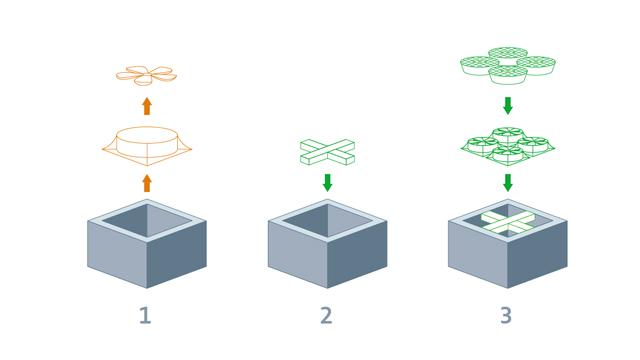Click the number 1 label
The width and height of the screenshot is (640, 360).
tap(145, 316)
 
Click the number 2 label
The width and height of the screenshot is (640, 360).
tap(326, 316)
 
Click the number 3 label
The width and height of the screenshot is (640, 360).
tap(506, 316)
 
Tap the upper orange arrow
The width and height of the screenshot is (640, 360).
tap(147, 106)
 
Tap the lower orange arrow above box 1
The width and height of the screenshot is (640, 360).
tap(147, 183)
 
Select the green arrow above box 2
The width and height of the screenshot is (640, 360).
tap(327, 183)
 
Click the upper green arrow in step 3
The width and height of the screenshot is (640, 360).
tap(508, 106)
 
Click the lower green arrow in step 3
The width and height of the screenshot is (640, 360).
tap(508, 183)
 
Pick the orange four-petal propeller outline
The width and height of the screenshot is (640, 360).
tap(146, 76)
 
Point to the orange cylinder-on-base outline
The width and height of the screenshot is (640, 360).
tap(147, 146)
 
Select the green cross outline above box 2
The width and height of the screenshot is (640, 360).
tap(327, 152)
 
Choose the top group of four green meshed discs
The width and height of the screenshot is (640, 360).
tap(508, 66)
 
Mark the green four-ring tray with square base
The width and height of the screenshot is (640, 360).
tap(508, 147)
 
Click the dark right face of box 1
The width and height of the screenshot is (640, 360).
tap(176, 254)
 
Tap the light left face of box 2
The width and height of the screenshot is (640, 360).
tap(298, 254)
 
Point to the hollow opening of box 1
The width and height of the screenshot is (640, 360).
tap(147, 220)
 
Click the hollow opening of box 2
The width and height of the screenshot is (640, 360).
tap(327, 220)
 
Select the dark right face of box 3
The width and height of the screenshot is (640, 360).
tap(537, 254)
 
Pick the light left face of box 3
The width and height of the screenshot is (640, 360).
tap(478, 254)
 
